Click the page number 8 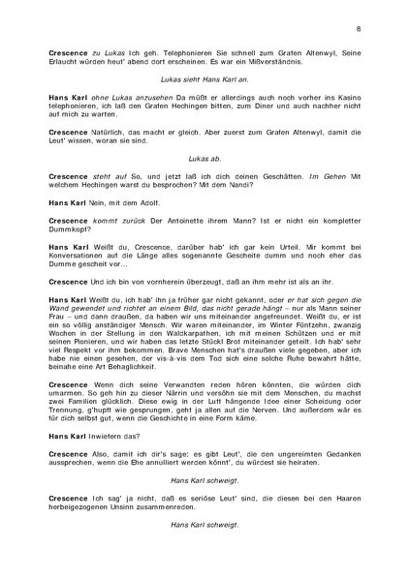359,30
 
